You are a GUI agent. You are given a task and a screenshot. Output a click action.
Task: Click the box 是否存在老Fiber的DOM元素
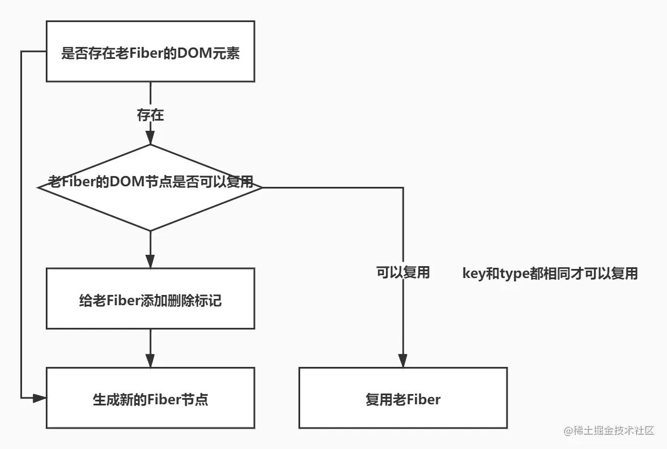click(150, 52)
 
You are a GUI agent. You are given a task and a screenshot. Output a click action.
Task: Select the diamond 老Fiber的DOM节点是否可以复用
click(150, 187)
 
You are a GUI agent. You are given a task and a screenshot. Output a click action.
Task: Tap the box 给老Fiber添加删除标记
click(150, 298)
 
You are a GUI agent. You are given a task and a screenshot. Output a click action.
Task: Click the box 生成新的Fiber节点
click(150, 398)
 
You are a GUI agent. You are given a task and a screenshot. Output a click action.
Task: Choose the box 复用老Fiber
click(402, 398)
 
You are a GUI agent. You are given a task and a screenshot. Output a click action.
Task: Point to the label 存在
click(150, 116)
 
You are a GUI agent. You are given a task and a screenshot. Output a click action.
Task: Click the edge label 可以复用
click(402, 273)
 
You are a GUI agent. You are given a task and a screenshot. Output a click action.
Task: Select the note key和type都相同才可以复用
click(550, 273)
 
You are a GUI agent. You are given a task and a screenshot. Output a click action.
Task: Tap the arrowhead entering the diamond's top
click(150, 138)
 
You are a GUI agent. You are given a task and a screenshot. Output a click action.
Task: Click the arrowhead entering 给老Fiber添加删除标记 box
click(150, 262)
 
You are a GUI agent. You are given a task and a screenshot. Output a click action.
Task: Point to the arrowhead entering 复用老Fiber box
click(402, 361)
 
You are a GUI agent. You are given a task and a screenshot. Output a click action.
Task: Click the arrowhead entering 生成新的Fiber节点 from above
click(150, 361)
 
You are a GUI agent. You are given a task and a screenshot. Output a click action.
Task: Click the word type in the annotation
click(512, 274)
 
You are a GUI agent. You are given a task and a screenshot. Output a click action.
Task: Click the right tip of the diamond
click(262, 187)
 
